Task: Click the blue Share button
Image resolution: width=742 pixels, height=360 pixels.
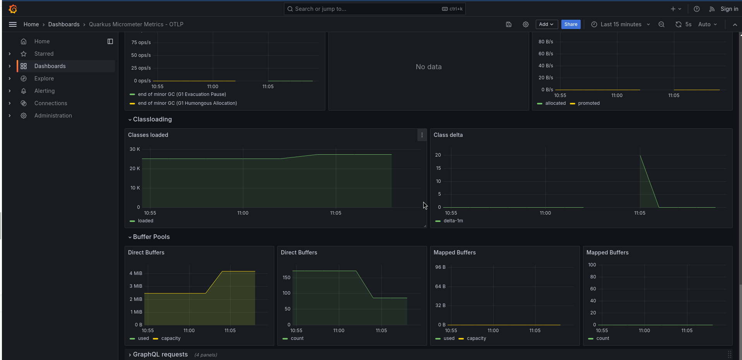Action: point(571,24)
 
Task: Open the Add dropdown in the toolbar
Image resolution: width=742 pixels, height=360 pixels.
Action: point(546,24)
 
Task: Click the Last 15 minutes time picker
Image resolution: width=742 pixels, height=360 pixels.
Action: point(621,24)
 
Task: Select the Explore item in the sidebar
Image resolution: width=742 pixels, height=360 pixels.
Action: point(44,78)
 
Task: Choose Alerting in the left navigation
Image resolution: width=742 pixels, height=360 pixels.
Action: point(44,91)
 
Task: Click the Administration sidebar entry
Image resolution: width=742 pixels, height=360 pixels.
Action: point(53,116)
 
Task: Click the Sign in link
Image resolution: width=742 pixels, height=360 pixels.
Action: point(729,9)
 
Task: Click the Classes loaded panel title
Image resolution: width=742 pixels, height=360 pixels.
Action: point(148,135)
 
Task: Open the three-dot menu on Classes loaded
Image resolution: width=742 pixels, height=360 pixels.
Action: point(422,135)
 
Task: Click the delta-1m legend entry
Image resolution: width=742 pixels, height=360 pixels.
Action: point(453,221)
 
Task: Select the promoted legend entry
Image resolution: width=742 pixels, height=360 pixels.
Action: point(588,103)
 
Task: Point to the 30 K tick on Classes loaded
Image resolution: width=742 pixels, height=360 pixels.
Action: point(135,149)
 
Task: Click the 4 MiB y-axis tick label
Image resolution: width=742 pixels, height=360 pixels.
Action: point(136,273)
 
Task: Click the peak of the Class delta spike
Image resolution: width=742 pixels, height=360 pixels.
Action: point(640,155)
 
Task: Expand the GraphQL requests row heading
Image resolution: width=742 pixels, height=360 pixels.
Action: point(160,355)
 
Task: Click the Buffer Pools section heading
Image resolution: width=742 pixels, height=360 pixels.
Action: point(151,237)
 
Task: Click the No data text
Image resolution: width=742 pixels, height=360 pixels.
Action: point(428,67)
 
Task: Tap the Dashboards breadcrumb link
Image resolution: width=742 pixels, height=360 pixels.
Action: point(64,24)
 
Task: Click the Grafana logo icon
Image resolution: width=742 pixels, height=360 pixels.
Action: point(13,9)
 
